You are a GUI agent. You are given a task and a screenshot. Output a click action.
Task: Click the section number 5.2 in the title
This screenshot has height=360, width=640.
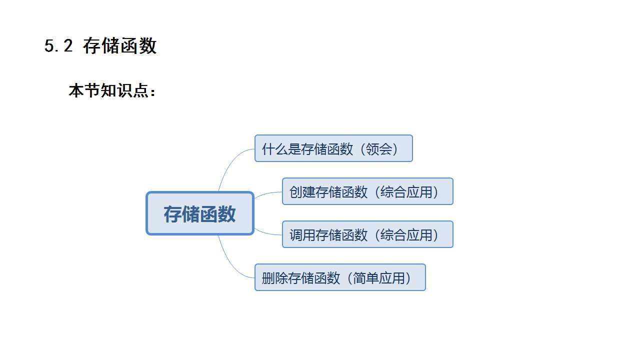coord(58,46)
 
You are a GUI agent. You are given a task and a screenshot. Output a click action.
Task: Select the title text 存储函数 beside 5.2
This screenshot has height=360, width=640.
coord(120,46)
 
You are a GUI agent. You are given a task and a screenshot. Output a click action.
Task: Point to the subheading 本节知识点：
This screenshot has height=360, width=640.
coord(112,91)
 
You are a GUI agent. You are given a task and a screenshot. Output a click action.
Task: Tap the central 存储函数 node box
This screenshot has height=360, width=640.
coord(200,213)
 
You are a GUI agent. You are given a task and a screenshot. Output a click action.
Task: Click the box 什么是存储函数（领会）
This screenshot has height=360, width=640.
coord(333,148)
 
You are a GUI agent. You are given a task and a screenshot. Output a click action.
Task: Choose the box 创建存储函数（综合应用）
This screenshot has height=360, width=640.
coord(367,191)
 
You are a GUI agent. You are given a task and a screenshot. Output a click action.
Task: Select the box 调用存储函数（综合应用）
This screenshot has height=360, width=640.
coord(367,234)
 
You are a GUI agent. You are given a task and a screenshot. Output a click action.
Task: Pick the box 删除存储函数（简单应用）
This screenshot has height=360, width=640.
coord(340,277)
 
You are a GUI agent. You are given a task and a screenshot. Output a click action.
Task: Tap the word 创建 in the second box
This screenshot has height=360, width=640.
coord(302,192)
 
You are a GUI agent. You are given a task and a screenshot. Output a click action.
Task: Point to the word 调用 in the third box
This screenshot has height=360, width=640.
coord(302,235)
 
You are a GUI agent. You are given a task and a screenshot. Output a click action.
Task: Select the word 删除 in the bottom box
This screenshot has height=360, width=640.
coord(275,278)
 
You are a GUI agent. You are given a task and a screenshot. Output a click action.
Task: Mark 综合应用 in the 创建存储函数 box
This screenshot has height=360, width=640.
coord(406,192)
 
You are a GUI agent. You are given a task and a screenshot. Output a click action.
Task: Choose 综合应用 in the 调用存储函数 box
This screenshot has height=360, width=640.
coord(406,235)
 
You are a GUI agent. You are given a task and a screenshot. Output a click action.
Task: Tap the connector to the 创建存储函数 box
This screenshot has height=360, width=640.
coord(268,193)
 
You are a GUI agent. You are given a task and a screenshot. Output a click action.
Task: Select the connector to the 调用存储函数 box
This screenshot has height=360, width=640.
coord(268,233)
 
